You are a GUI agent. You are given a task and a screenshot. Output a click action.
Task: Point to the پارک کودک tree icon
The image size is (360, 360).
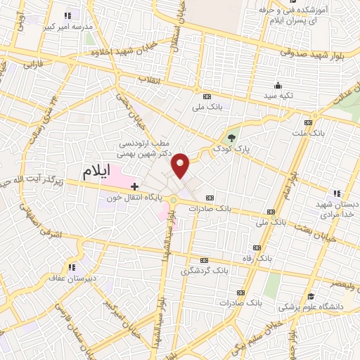[x=233, y=137]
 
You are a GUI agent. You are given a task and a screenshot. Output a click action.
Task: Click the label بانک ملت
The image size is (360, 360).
[x=310, y=133]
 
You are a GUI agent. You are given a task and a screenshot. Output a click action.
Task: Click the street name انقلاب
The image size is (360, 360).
[x=150, y=78]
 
